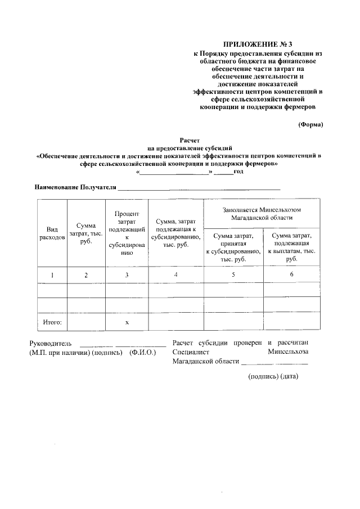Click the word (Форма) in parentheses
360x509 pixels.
(x=310, y=125)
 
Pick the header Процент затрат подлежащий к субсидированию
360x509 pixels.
(x=127, y=233)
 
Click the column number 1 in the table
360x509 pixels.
(x=52, y=274)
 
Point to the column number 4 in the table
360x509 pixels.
(x=176, y=274)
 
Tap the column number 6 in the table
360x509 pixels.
(x=291, y=274)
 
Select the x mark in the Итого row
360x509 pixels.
(x=127, y=323)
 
